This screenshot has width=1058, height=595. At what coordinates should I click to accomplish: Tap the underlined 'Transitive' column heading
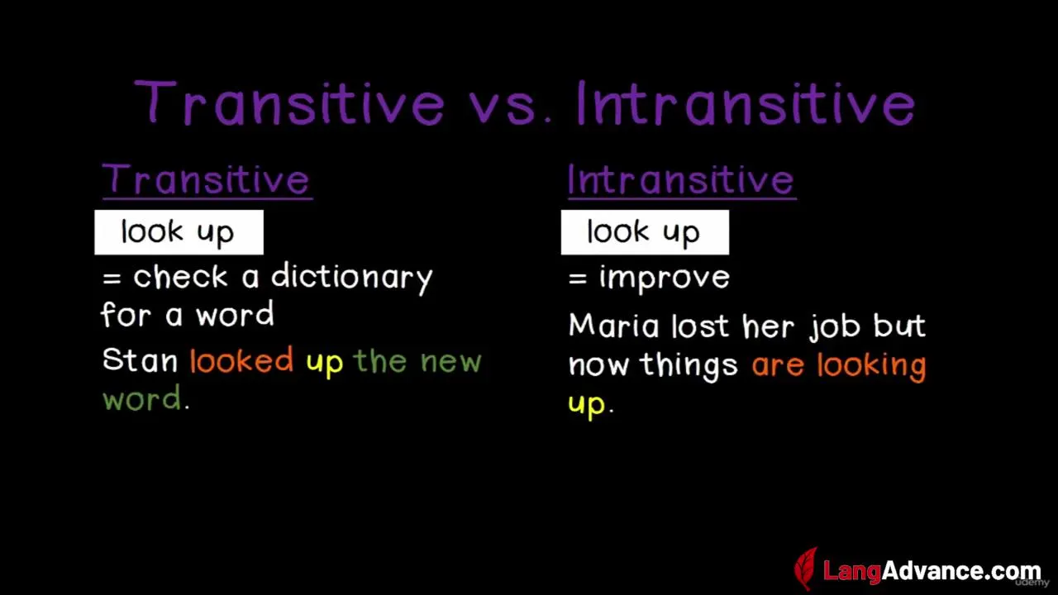coord(207,180)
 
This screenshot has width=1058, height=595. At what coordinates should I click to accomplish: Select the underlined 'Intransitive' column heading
coord(682,180)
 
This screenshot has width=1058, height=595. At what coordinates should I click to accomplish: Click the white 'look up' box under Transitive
coord(179,232)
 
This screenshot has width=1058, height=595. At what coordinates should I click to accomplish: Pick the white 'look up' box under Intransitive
coord(645,232)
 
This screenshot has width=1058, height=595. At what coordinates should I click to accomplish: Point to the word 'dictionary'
coord(352,277)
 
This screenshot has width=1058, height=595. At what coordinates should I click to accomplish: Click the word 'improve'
coord(665,277)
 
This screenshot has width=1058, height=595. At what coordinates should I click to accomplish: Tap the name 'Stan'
coord(140,360)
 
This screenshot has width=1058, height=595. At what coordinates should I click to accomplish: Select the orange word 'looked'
coord(241,359)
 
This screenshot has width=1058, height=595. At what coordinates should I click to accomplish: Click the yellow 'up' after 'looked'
coord(325,364)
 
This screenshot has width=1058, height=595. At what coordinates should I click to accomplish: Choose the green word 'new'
coord(450,362)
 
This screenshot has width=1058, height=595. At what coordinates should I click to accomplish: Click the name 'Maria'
coord(613,326)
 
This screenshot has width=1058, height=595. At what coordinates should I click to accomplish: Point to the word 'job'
coord(834,326)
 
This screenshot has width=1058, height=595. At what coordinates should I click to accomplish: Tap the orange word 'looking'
coord(872,366)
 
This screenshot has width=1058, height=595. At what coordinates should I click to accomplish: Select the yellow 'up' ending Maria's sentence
coord(586,406)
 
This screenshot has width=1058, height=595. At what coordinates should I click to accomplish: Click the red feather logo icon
coord(806,569)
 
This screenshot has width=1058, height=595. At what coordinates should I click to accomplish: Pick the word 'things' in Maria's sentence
coord(689,366)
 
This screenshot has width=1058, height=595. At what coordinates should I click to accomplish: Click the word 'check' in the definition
coord(180,277)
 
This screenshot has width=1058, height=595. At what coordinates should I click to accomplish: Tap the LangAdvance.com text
coord(932,571)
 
